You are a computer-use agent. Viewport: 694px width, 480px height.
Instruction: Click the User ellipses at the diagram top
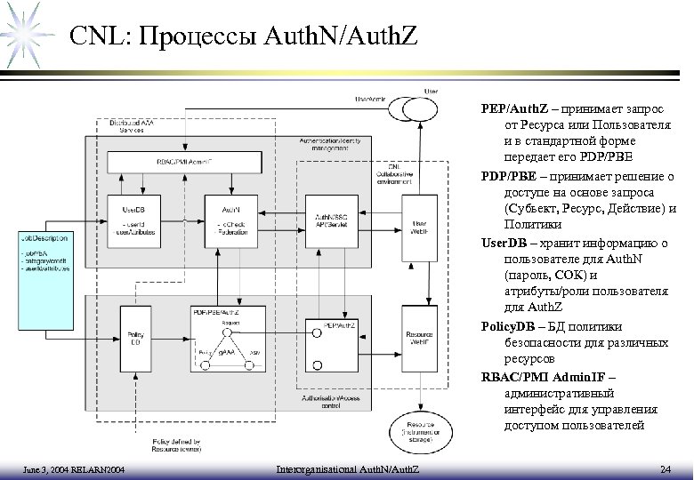click(x=424, y=106)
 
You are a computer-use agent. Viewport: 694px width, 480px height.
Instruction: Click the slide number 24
click(x=665, y=468)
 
